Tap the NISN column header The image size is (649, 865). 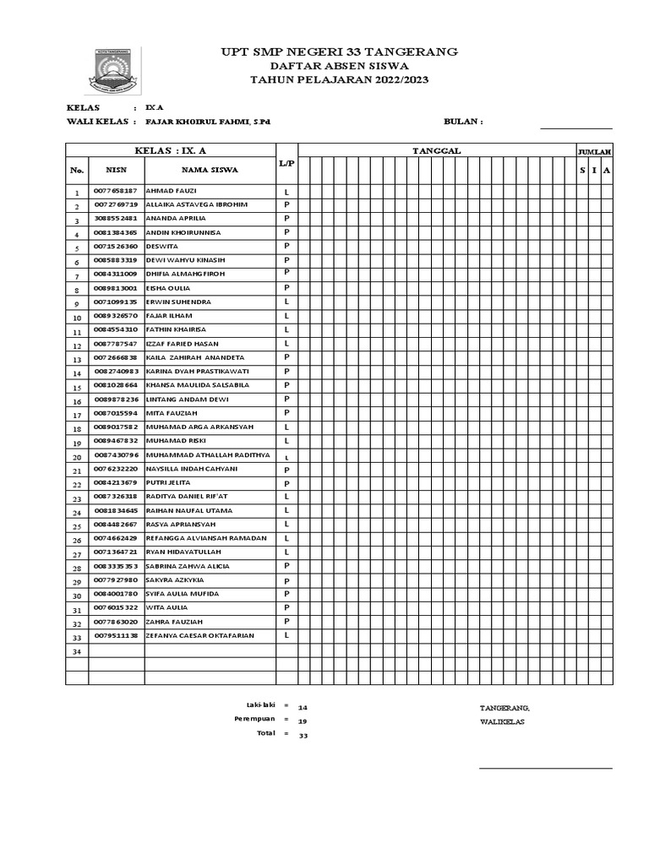(115, 170)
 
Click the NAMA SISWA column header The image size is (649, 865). (210, 170)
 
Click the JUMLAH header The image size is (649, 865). (594, 151)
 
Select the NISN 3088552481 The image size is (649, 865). (116, 219)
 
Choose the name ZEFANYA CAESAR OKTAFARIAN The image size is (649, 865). (199, 635)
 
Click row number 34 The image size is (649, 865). (76, 653)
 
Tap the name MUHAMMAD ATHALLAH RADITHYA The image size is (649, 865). (207, 455)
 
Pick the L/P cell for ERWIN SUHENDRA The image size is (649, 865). (286, 302)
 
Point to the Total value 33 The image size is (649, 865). (303, 736)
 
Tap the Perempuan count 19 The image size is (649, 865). (303, 721)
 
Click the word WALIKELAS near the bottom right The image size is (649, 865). (502, 721)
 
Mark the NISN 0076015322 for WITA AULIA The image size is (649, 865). (116, 607)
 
